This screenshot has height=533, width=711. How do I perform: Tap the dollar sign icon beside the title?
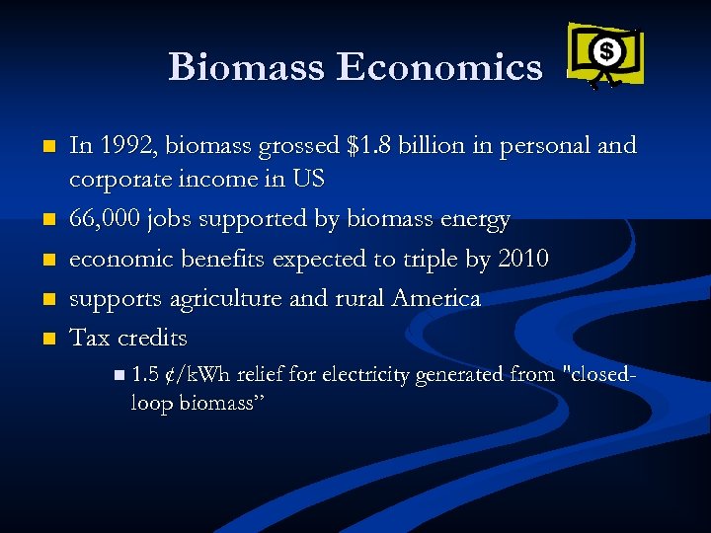click(606, 50)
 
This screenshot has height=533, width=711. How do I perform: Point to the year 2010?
click(523, 259)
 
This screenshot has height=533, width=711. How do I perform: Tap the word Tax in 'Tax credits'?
click(89, 338)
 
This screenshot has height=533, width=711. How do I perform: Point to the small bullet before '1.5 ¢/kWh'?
click(119, 375)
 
